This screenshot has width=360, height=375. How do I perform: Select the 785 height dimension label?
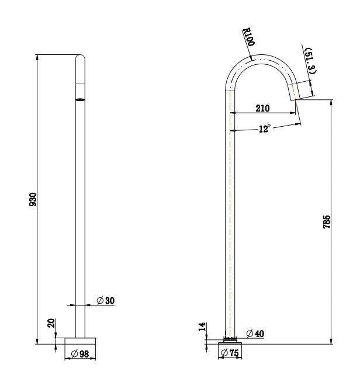coord(327,221)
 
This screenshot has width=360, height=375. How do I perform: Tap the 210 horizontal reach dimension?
coord(262,109)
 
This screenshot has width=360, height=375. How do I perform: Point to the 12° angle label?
coord(264,129)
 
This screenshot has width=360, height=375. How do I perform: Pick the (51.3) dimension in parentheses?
coord(309,61)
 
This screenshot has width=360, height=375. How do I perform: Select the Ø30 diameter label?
coord(105,301)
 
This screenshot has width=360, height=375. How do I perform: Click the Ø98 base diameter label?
coord(79,353)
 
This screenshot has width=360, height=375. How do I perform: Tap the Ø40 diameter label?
coord(255,334)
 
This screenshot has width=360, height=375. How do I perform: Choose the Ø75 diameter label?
coord(231,353)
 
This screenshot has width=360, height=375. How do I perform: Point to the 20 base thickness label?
coord(51,323)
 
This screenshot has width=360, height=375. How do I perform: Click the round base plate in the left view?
coord(80,340)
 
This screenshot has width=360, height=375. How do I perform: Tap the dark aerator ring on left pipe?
coord(80,99)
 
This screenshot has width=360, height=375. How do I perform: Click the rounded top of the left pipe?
coord(80,58)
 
